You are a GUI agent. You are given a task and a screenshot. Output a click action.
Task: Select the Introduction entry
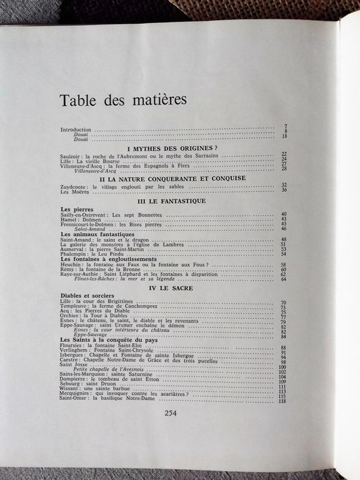tap(75, 130)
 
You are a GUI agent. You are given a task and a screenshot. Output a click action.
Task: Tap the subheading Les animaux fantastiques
tap(94, 234)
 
